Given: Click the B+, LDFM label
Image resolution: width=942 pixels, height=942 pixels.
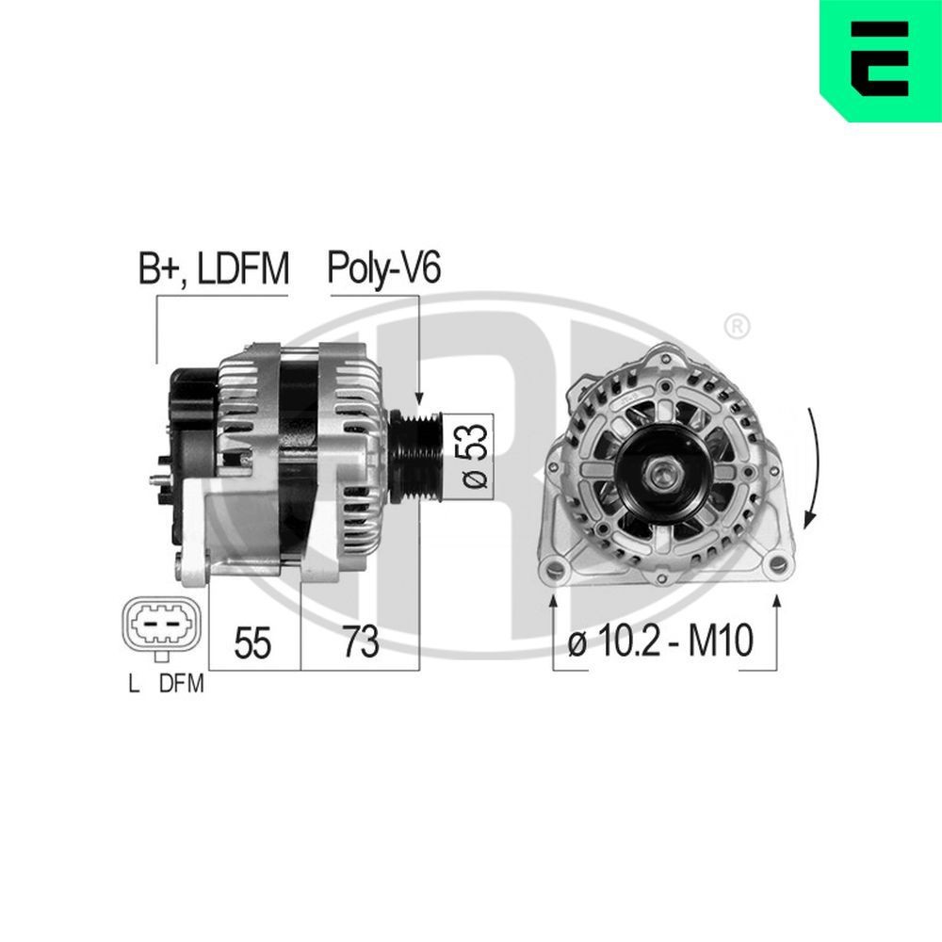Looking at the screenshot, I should click(213, 268).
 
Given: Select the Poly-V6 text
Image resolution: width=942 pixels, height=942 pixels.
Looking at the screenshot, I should click(383, 268).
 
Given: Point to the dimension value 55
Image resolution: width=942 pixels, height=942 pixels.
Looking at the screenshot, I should click(252, 642).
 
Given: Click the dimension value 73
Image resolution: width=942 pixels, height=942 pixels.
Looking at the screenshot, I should click(360, 642).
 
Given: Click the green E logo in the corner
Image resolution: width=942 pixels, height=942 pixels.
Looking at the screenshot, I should click(880, 60).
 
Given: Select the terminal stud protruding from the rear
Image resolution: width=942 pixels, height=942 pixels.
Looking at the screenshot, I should click(155, 479).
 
